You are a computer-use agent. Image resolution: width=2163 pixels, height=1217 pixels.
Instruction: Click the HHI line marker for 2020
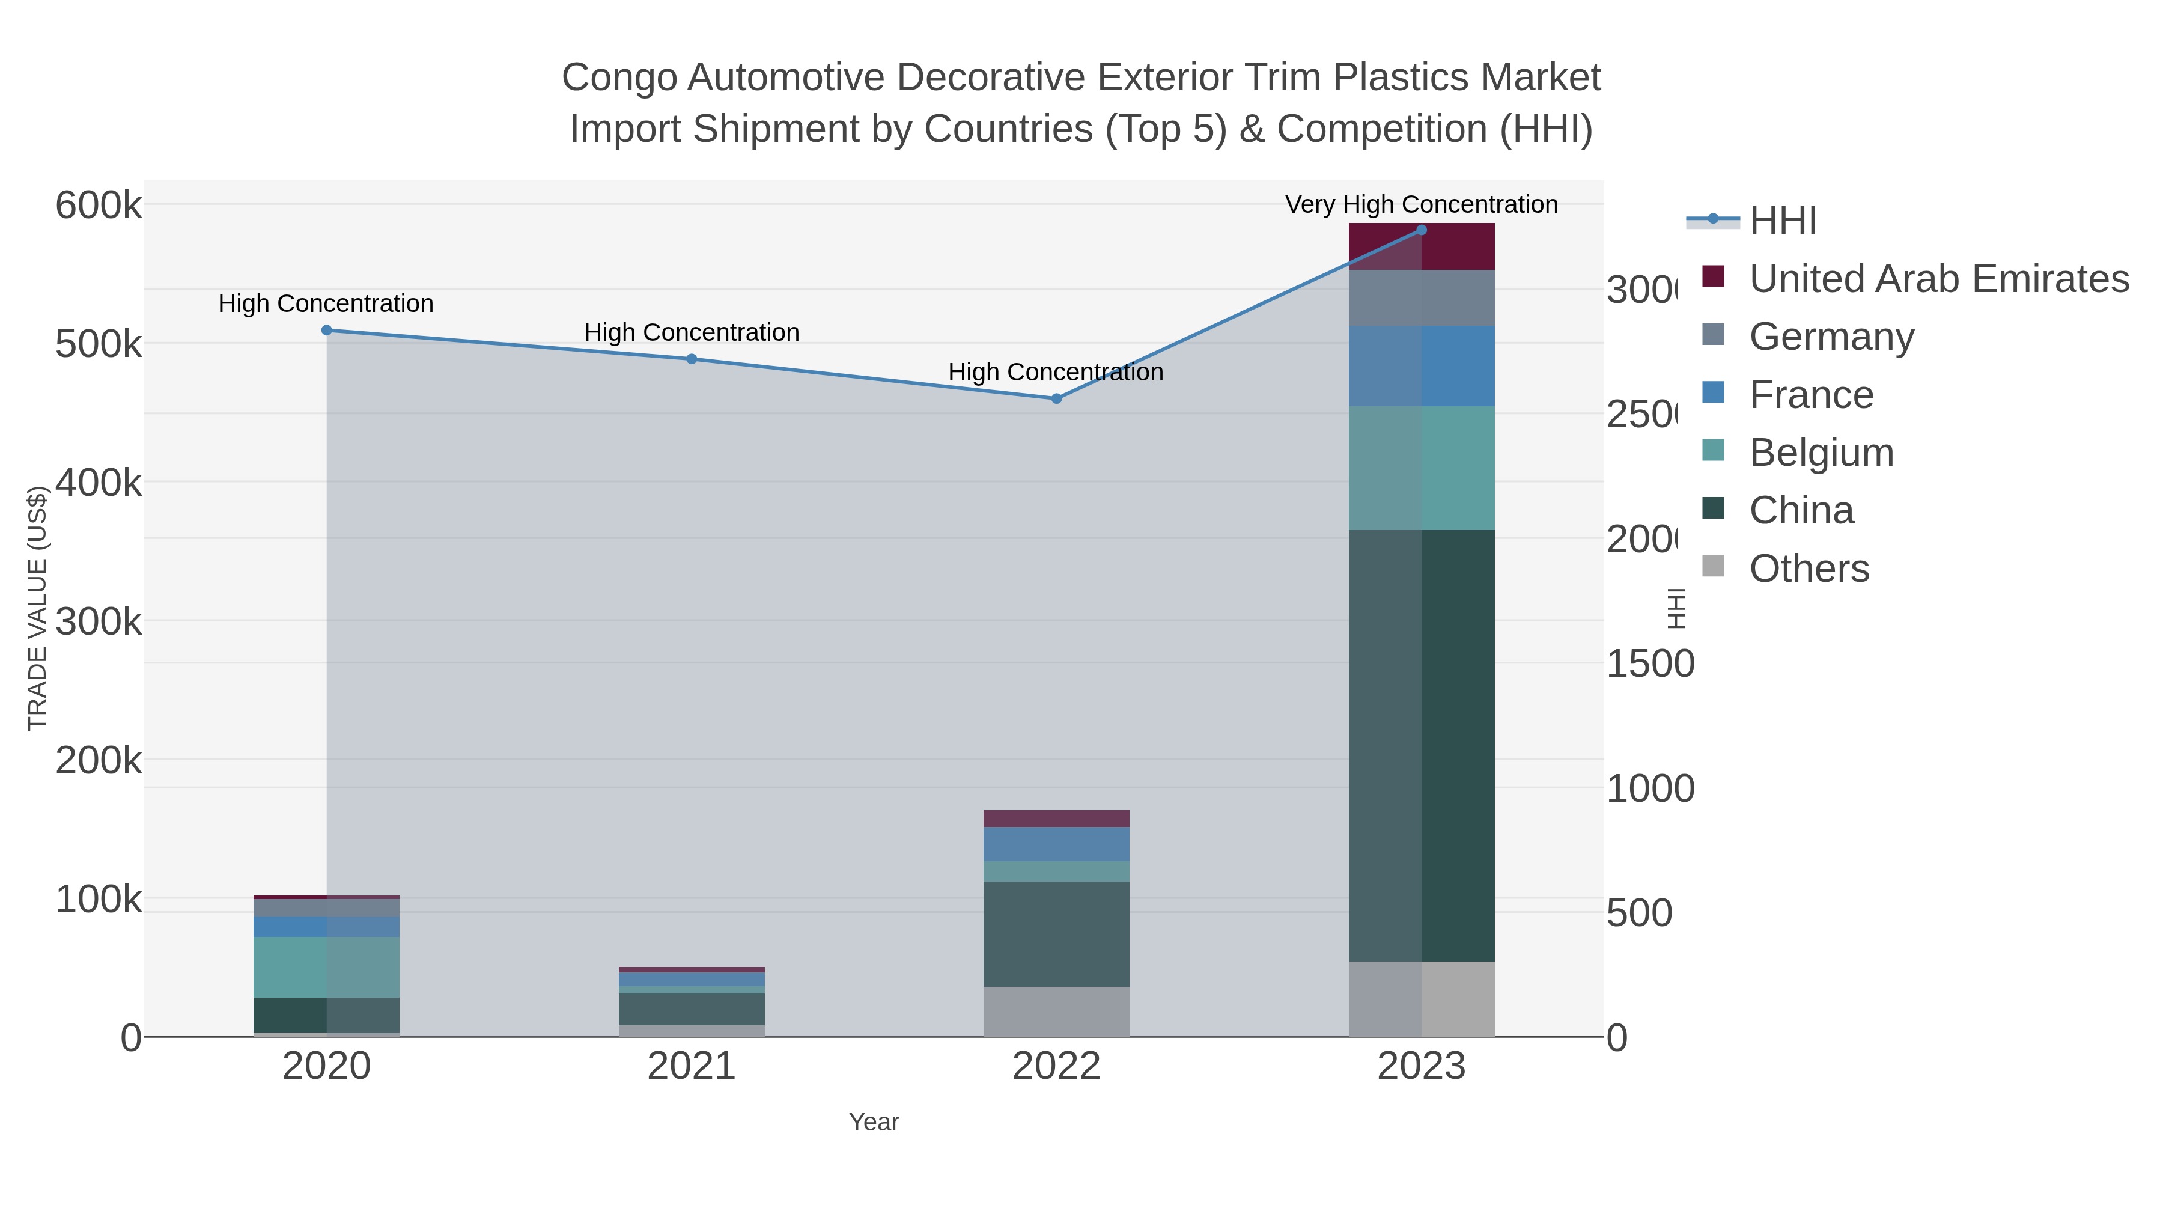[x=327, y=330]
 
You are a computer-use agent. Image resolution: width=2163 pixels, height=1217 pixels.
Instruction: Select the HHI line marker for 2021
[x=692, y=359]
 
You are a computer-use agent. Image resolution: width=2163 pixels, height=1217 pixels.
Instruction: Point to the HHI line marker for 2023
[x=1422, y=230]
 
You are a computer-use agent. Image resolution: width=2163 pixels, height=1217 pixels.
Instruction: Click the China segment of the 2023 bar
[x=1422, y=745]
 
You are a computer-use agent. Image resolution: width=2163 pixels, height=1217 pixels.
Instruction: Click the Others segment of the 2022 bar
[x=1056, y=1011]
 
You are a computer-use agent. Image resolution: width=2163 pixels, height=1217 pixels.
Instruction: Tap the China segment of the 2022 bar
[x=1056, y=933]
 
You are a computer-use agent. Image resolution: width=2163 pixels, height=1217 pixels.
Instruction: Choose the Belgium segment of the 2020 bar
[x=327, y=967]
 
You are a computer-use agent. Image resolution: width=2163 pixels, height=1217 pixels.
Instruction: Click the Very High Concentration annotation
[x=1422, y=204]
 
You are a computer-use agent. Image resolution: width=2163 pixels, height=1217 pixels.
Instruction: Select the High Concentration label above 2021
[x=692, y=332]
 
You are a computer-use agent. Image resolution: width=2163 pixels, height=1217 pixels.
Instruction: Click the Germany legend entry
[x=1831, y=337]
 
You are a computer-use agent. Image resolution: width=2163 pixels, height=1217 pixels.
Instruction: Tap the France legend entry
[x=1810, y=395]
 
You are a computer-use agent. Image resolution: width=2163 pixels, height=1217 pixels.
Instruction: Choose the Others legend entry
[x=1809, y=569]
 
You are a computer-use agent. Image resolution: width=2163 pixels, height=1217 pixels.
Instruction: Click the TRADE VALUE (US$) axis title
[x=38, y=608]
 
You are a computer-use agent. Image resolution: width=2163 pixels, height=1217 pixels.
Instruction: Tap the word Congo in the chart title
[x=619, y=78]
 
